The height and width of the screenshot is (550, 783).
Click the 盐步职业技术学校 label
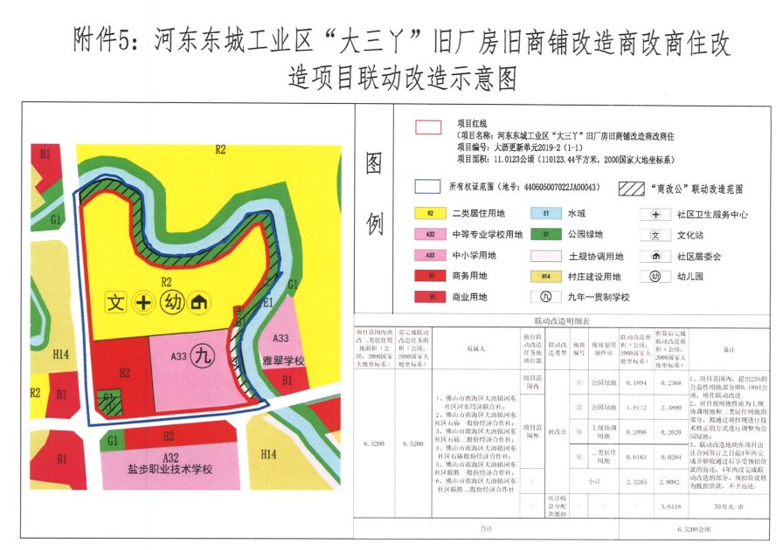coord(170,469)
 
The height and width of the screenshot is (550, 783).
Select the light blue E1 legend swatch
coord(546,212)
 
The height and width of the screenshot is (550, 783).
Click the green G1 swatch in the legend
coord(546,234)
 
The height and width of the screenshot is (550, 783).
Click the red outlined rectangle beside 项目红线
coord(427,128)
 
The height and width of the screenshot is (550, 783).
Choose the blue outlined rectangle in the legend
coord(428,187)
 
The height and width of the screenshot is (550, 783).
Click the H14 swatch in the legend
coord(546,277)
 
